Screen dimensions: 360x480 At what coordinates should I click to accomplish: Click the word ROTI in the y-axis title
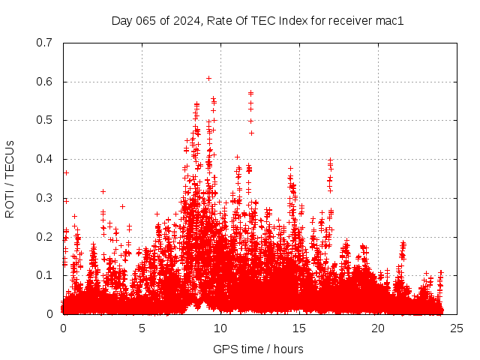[x=10, y=205]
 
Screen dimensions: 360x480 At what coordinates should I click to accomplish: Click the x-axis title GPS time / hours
[x=258, y=349]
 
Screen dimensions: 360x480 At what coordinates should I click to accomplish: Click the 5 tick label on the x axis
[x=142, y=328]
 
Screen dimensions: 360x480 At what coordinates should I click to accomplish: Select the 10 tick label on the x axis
[x=220, y=328]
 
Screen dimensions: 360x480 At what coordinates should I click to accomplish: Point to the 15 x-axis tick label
[x=299, y=328]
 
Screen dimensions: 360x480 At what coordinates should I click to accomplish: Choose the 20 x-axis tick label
[x=378, y=328]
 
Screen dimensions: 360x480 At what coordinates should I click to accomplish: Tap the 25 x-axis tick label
[x=457, y=328]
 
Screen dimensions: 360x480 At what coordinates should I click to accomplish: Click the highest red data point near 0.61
[x=208, y=77]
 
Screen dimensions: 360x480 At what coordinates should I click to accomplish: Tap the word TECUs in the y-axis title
[x=10, y=160]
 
